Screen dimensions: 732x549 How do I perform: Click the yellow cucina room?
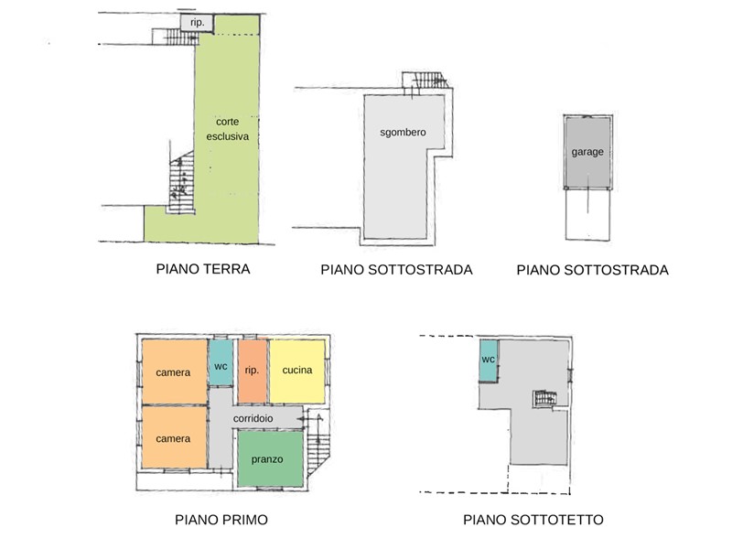[x=297, y=371]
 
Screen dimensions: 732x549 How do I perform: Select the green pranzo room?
[x=270, y=459]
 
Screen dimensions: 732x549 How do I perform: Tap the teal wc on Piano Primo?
[x=221, y=362]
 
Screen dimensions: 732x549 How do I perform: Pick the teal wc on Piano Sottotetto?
[x=489, y=361]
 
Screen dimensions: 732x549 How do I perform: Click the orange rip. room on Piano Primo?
[x=253, y=371]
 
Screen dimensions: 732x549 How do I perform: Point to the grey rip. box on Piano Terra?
[x=197, y=22]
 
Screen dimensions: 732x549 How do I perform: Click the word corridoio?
[x=253, y=418]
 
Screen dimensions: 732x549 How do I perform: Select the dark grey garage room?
[x=587, y=152]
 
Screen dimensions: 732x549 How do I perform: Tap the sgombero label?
[x=403, y=132]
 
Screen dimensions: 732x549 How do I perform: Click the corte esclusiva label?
[x=227, y=129]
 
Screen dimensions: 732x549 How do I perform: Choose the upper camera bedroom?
[x=174, y=371]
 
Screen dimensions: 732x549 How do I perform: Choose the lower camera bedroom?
[x=174, y=437]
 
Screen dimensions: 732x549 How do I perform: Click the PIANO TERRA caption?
[x=203, y=269]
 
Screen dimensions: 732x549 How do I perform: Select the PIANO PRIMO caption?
[x=221, y=520]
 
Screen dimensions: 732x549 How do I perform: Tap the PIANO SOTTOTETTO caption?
[x=533, y=520]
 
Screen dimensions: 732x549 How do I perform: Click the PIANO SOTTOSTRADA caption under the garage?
[x=592, y=270]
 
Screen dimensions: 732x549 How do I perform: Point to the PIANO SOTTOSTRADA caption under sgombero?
[x=396, y=269]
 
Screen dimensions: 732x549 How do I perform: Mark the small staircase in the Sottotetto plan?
[x=545, y=399]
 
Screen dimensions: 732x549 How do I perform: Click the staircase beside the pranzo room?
[x=318, y=444]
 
